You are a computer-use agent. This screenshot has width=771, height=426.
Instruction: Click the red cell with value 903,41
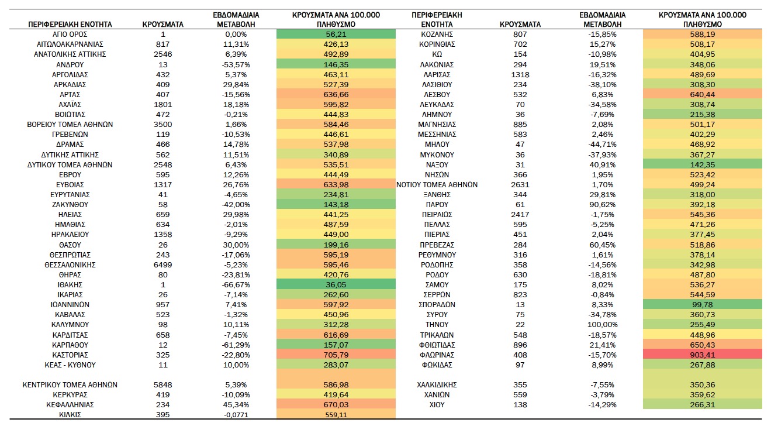pyautogui.click(x=702, y=355)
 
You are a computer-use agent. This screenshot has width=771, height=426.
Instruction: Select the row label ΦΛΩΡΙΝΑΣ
pyautogui.click(x=437, y=355)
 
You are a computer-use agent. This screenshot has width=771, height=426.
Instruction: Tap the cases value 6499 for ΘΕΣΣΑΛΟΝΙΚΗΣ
pyautogui.click(x=163, y=264)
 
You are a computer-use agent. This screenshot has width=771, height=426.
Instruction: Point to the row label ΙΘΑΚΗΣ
pyautogui.click(x=70, y=285)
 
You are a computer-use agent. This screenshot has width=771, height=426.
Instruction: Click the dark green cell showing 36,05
pyautogui.click(x=336, y=285)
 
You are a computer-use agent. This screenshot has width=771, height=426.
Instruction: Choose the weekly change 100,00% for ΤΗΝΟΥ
pyautogui.click(x=602, y=325)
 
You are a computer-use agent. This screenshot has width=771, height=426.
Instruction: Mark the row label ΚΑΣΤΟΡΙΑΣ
pyautogui.click(x=70, y=355)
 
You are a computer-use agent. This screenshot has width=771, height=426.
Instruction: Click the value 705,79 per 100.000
pyautogui.click(x=336, y=355)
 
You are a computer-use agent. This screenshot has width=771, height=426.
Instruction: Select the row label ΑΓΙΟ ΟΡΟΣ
pyautogui.click(x=70, y=34)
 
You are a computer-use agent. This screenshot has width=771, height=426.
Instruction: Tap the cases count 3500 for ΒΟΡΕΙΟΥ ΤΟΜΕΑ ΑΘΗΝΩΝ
pyautogui.click(x=163, y=125)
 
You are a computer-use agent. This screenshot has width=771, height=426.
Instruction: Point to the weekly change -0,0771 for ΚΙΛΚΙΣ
pyautogui.click(x=236, y=415)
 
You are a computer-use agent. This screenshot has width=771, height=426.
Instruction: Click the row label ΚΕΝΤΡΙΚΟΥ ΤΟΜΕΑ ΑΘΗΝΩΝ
pyautogui.click(x=70, y=384)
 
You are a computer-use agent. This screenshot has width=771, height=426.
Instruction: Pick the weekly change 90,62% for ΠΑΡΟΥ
pyautogui.click(x=602, y=204)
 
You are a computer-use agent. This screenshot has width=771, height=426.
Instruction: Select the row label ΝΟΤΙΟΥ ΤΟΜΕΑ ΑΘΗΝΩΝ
pyautogui.click(x=437, y=185)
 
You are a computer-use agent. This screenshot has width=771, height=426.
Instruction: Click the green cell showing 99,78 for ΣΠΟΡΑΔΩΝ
pyautogui.click(x=702, y=305)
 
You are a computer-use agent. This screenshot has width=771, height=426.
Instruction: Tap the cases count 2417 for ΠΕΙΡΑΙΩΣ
pyautogui.click(x=520, y=214)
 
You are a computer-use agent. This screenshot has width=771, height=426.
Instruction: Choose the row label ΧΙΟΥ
pyautogui.click(x=437, y=404)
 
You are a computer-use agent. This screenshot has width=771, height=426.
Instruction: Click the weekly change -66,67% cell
pyautogui.click(x=236, y=285)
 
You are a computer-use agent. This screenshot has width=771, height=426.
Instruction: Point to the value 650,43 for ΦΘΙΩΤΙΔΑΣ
pyautogui.click(x=702, y=345)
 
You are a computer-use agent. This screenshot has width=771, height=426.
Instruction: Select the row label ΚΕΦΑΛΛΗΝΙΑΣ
pyautogui.click(x=70, y=404)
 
